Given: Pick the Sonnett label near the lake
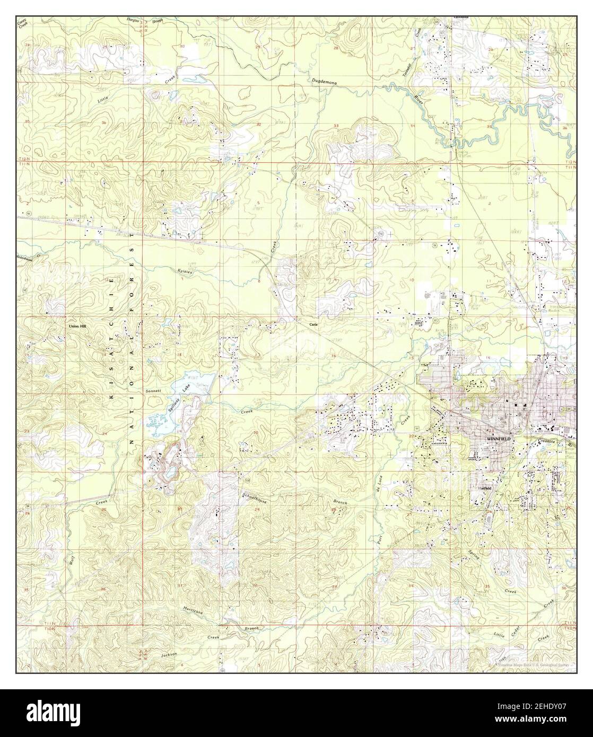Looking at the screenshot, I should (152, 391).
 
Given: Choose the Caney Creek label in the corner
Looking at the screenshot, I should (22, 23).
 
